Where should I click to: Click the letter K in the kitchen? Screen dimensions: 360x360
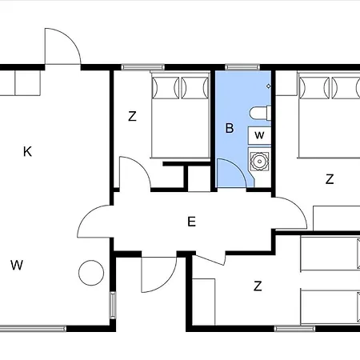coord(27,151)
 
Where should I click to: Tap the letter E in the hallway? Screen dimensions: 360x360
coord(191,222)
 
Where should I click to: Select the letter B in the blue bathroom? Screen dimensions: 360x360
coord(230,128)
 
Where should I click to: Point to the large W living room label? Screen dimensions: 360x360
coord(17,265)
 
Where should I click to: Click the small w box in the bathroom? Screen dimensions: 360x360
coord(259,135)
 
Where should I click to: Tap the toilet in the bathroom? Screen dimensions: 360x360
coord(260,113)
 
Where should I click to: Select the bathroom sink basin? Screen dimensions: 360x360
coord(258,161)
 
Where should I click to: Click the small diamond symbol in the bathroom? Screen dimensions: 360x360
coord(268,86)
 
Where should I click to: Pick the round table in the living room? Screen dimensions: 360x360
coord(91,273)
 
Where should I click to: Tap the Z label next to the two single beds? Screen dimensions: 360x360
coord(258,286)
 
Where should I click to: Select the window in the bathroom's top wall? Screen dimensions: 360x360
coord(242,67)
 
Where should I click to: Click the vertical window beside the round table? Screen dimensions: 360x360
coord(113,305)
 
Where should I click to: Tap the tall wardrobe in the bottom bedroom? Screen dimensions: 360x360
coord(203,302)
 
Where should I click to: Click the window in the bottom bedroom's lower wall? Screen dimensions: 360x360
coord(294,328)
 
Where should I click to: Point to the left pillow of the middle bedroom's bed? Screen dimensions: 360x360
coord(166,87)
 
